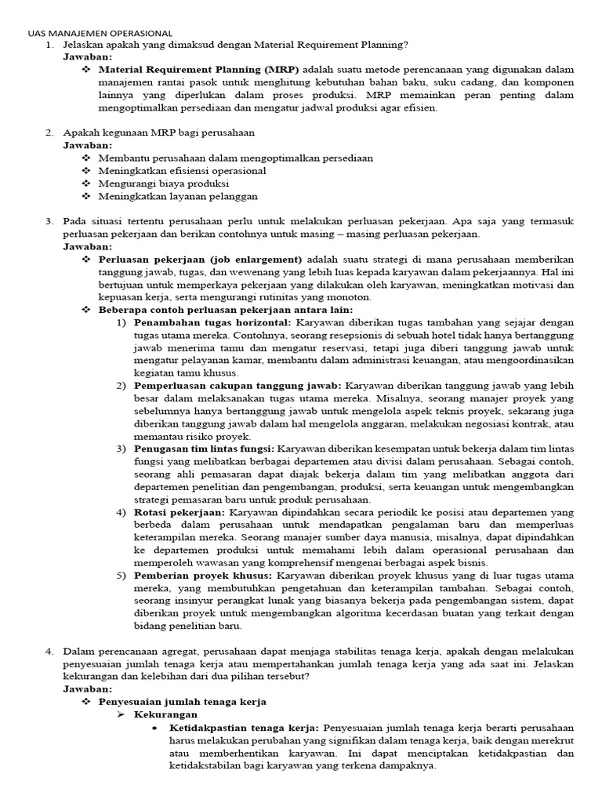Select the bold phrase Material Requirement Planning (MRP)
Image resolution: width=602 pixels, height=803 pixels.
pos(199,70)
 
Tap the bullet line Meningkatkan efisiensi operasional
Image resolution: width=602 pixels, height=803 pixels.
pos(182,170)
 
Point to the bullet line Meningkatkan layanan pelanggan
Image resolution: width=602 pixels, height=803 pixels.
pos(178,196)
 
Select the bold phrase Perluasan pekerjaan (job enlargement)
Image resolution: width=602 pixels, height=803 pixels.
pos(200,259)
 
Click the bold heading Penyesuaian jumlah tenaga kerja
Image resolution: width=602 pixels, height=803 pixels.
pos(182,701)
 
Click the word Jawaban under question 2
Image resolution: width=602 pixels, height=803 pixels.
pos(88,145)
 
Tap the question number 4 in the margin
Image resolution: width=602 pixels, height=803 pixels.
pos(49,651)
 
